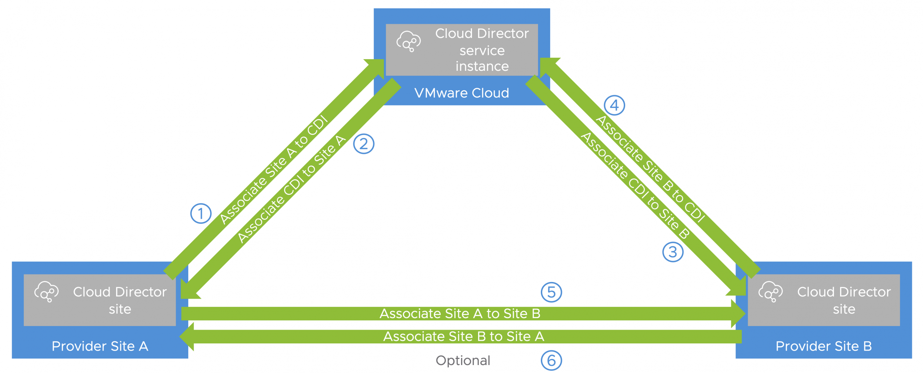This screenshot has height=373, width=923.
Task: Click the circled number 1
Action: [200, 213]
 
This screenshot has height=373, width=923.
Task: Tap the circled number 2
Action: [363, 144]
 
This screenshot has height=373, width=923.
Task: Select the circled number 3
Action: [672, 252]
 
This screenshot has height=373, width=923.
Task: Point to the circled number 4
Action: [614, 105]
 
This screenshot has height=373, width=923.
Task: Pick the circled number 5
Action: [551, 292]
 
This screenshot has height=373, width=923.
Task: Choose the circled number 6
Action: [551, 360]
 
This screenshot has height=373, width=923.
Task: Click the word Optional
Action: [463, 360]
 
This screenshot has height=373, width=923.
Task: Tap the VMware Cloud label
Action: [461, 93]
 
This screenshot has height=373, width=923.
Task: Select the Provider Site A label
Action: [100, 346]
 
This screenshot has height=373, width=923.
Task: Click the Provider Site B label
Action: [823, 346]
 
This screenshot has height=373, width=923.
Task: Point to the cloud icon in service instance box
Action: [408, 41]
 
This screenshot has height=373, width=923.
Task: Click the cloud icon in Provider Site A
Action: [46, 291]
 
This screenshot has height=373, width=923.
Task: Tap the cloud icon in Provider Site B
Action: [770, 291]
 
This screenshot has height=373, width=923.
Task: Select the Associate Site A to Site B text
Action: [460, 313]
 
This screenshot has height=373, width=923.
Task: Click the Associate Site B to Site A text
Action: [463, 336]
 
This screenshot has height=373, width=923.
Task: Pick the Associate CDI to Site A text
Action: [291, 188]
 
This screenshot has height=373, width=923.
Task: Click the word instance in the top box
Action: [482, 66]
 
